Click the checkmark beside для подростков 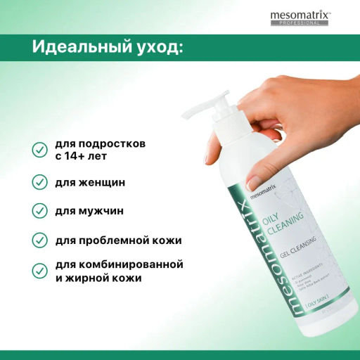(x=40, y=150)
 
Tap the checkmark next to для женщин (x=40, y=182)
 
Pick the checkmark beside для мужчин (x=40, y=211)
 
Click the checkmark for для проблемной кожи (x=40, y=240)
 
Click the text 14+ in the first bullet (x=78, y=156)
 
